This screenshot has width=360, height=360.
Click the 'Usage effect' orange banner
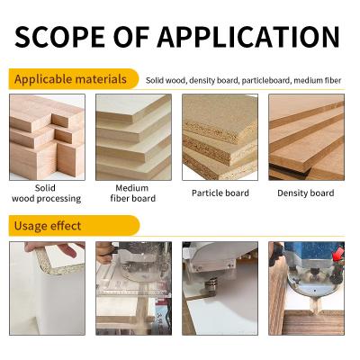[49, 225]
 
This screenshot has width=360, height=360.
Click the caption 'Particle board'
[220, 193]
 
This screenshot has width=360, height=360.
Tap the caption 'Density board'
[307, 193]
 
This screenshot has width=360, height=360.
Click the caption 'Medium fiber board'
[133, 193]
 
